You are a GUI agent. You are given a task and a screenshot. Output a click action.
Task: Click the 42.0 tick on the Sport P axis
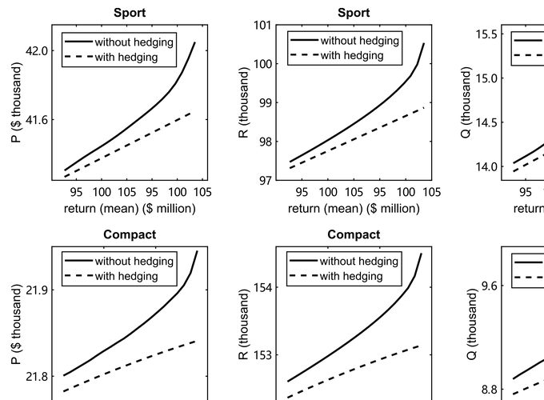tap(40, 50)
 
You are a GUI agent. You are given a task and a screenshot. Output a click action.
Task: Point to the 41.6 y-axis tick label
tap(40, 120)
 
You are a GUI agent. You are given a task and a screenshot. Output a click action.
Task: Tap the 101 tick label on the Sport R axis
tap(264, 25)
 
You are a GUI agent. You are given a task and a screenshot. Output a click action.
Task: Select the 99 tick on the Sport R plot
tap(264, 103)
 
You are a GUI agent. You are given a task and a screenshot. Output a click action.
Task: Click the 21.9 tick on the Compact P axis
tap(40, 289)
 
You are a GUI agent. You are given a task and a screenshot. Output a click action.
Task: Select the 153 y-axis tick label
tap(264, 354)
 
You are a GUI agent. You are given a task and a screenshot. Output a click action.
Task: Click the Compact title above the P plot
tap(130, 235)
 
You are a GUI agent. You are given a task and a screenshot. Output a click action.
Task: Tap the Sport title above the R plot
tap(354, 13)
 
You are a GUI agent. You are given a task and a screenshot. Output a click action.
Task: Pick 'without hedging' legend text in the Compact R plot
tap(358, 262)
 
